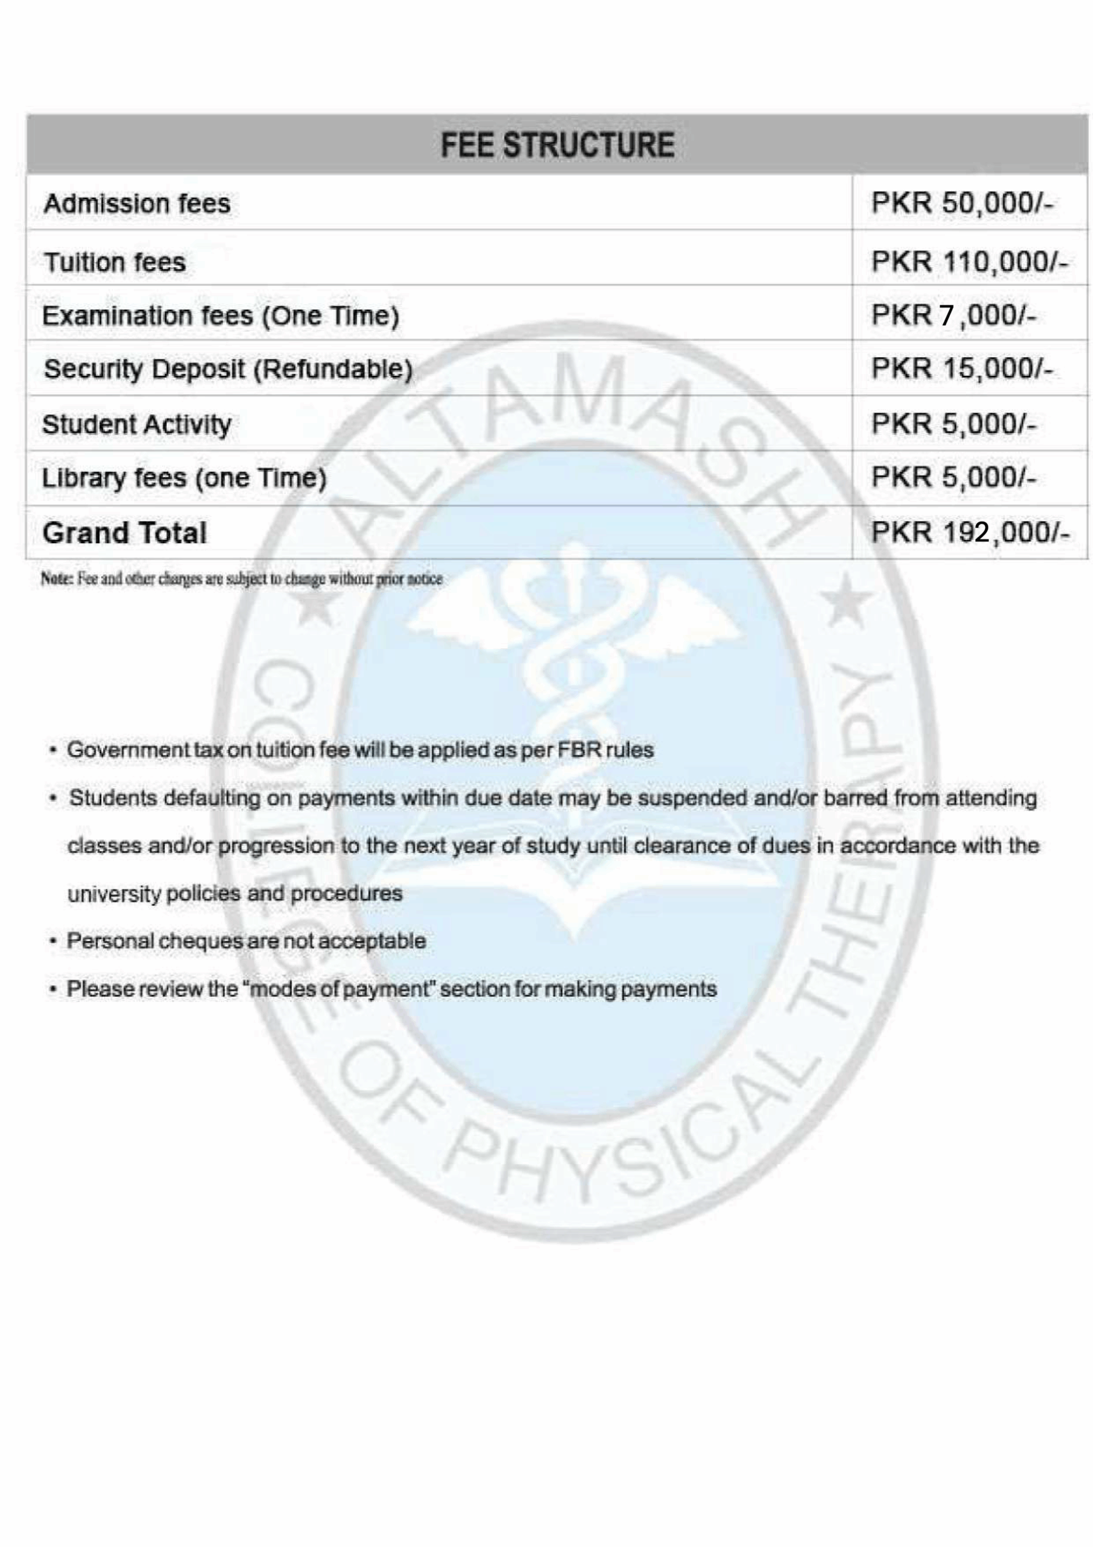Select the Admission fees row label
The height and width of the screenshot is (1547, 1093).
[x=137, y=204]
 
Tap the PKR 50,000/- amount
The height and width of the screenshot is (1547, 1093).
[x=962, y=203]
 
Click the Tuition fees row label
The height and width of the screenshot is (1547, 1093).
[x=115, y=262]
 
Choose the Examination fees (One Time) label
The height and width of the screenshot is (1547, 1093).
[x=221, y=315]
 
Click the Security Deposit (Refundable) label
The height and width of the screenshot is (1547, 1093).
[x=228, y=369]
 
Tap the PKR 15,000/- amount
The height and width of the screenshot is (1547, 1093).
[x=962, y=369]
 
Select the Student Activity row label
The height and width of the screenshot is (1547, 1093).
[x=137, y=424]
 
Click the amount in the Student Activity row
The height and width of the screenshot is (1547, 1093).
[x=953, y=424]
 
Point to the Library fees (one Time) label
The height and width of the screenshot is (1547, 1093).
[x=184, y=479]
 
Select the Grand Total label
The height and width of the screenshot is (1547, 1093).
[x=124, y=533]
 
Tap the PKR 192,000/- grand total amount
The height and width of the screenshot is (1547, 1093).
[x=970, y=532]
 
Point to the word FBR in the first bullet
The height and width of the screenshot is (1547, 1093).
[x=579, y=750]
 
